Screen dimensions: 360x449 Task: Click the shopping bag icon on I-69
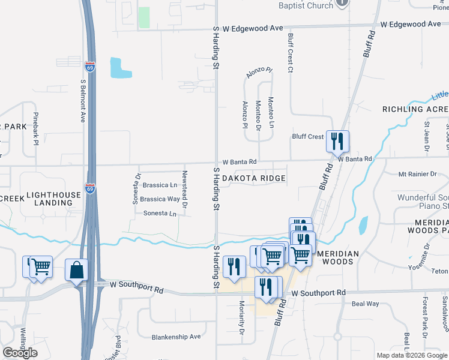click(77, 271)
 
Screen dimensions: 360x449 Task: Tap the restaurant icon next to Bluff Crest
click(337, 142)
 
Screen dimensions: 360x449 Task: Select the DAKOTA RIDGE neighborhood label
click(254, 179)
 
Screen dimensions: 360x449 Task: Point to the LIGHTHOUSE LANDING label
click(53, 199)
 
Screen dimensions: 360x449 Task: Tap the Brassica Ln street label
click(159, 185)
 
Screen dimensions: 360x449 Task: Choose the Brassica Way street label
click(160, 199)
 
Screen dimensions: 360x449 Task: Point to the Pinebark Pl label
click(36, 130)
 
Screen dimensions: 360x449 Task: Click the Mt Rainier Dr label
click(418, 174)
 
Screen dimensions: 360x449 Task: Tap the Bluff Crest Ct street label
click(290, 53)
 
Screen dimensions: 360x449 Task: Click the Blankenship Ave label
click(176, 337)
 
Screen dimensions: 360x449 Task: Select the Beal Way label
click(365, 304)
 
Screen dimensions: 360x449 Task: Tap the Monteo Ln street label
click(271, 112)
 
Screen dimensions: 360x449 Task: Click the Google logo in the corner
click(20, 353)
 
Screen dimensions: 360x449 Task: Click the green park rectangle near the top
click(144, 18)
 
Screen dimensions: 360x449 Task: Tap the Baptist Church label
click(306, 5)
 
